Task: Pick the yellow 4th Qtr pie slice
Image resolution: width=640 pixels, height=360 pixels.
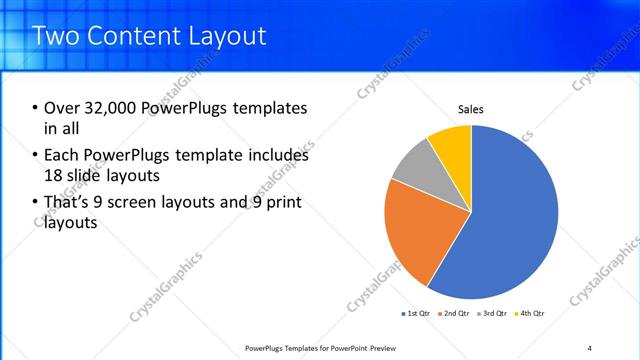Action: click(452, 144)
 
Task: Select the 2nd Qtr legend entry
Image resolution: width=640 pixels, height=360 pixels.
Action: click(455, 314)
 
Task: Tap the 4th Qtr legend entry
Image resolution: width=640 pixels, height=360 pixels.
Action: click(530, 314)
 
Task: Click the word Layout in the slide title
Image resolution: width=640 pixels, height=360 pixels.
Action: click(228, 36)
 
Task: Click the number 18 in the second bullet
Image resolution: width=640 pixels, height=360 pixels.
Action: click(53, 175)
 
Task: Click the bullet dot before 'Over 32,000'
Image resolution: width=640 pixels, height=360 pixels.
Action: click(36, 108)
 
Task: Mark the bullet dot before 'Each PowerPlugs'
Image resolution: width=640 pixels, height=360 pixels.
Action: click(36, 156)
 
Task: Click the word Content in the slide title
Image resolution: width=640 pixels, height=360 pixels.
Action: click(135, 36)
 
